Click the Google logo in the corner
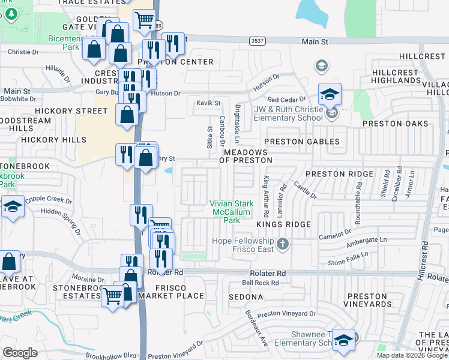coord(20,353)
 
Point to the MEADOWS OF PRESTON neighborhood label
coord(246,156)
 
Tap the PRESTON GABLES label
coord(302,142)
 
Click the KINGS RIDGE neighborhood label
coord(283,224)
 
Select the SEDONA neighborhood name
coord(246,297)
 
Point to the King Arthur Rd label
coord(265,197)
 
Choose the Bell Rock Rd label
coord(261,283)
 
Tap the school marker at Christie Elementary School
coord(330,94)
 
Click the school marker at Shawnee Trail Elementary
coord(343,340)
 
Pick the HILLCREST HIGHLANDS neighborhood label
coord(395,76)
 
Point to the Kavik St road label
coord(208,104)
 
